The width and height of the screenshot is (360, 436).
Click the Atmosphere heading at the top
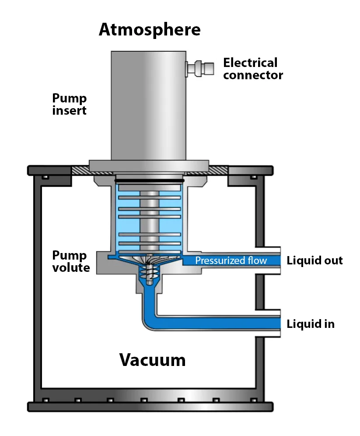150,30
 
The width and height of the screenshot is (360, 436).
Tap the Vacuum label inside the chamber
153,360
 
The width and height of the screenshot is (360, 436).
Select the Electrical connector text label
253,69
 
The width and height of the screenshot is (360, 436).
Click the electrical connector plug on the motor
200,68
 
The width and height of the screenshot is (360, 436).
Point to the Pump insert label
70,104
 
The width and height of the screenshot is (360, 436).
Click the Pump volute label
71,261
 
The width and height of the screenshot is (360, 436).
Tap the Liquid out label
315,261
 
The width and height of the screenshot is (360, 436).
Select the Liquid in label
311,324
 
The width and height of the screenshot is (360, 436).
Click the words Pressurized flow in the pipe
231,261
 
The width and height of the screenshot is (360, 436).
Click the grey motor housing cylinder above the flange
149,105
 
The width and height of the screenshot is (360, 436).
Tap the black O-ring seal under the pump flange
149,180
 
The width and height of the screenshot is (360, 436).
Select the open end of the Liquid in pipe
278,323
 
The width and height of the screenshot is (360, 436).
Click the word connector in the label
253,75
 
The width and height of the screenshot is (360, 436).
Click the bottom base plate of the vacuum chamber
150,407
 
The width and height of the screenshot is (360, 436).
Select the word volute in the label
71,267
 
